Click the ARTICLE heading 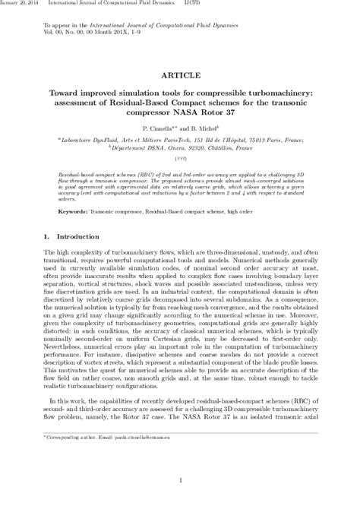[179, 77]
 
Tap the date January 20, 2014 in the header [21, 5]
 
